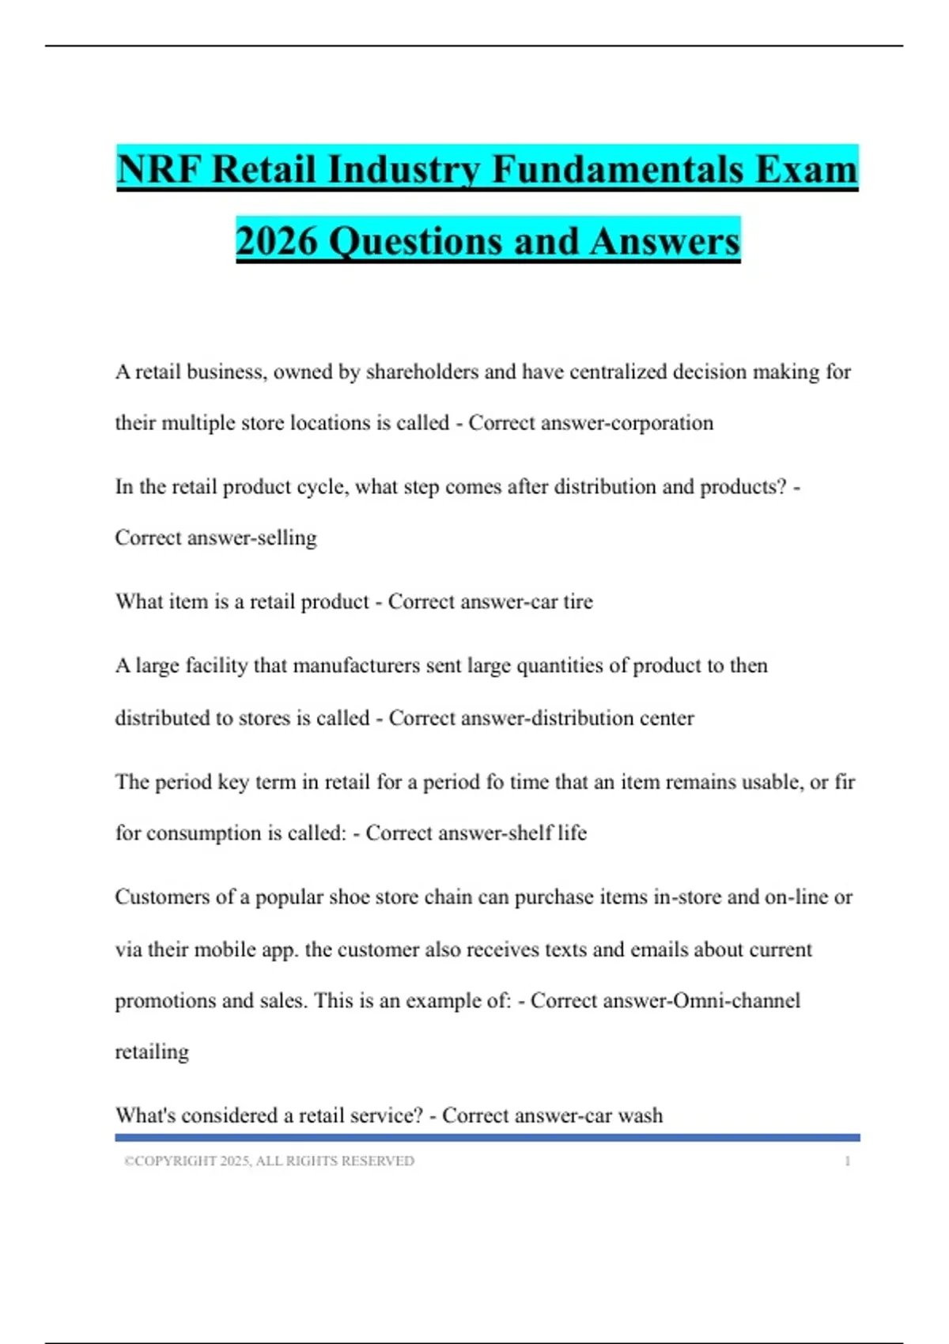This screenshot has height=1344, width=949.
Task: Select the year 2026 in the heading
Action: (x=276, y=240)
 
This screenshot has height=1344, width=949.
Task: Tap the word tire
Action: (x=577, y=602)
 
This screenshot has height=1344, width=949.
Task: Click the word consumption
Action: (x=205, y=833)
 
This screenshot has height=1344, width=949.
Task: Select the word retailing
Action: (x=152, y=1052)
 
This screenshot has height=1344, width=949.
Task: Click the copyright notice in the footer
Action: (x=269, y=1161)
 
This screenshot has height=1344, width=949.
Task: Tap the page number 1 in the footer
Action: (x=848, y=1161)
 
